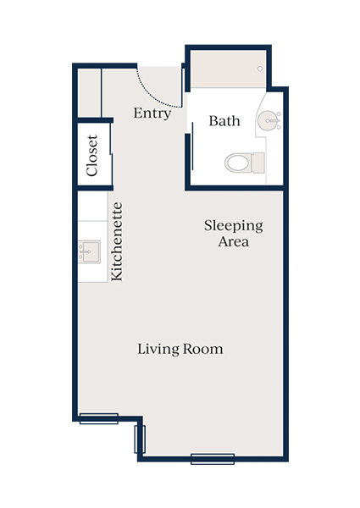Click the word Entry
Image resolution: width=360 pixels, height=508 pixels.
pyautogui.click(x=152, y=113)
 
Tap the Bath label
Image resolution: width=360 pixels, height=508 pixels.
pyautogui.click(x=224, y=121)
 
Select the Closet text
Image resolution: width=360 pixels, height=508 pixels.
pyautogui.click(x=91, y=156)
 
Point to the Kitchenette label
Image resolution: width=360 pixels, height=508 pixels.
pyautogui.click(x=118, y=241)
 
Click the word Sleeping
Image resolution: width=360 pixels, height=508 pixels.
pyautogui.click(x=234, y=226)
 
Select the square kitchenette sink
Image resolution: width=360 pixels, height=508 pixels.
pyautogui.click(x=89, y=251)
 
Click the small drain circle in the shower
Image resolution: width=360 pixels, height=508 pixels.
pyautogui.click(x=260, y=68)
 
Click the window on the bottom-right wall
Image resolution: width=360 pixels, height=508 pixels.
pyautogui.click(x=213, y=459)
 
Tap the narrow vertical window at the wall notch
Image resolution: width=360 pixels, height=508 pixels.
pyautogui.click(x=141, y=439)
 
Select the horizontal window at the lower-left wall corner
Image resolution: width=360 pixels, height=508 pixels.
pyautogui.click(x=98, y=418)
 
